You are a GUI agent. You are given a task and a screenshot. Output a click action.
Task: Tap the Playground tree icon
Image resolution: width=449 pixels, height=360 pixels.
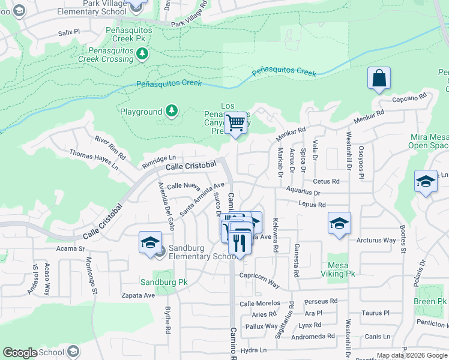172,111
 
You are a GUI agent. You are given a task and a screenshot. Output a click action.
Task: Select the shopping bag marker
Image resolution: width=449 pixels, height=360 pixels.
379,79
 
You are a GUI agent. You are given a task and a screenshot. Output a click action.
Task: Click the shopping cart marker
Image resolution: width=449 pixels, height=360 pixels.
237,123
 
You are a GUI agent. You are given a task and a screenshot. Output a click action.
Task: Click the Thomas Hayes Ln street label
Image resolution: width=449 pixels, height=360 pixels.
94,160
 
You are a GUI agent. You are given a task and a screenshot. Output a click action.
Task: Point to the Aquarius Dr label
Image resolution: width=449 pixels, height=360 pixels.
303,193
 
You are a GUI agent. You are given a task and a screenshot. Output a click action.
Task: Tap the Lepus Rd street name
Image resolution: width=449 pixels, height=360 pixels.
312,205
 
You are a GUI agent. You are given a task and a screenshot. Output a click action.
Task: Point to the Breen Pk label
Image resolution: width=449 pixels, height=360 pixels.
430,301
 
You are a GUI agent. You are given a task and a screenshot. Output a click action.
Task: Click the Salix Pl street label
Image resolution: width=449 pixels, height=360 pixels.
69,32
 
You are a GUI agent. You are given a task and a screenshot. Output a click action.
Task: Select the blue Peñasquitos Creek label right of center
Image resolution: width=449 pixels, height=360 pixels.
284,72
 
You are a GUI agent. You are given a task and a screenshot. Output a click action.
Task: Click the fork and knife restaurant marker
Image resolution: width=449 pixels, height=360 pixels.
240,242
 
